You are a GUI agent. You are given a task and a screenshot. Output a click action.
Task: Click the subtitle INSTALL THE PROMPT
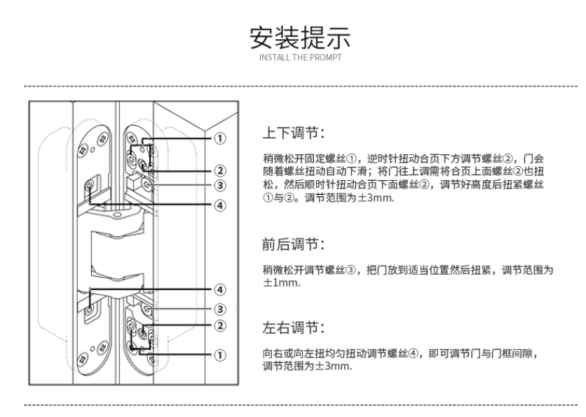[300, 57]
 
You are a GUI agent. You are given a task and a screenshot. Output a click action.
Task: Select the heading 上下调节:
[294, 133]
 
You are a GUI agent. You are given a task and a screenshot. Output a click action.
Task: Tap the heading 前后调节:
[294, 245]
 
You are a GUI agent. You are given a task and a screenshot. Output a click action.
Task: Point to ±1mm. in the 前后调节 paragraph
[281, 283]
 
